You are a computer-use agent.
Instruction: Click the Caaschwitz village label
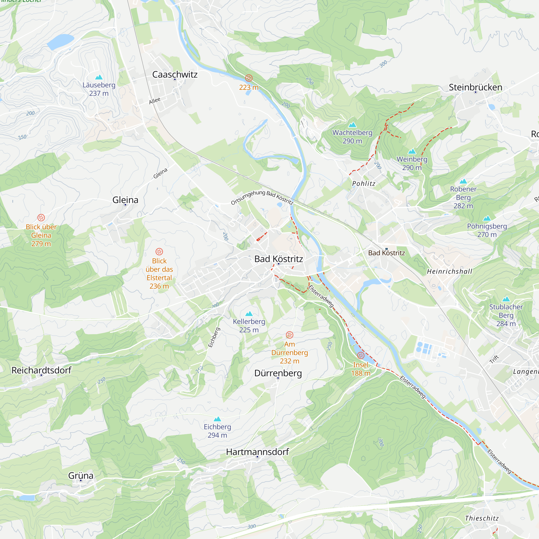coord(175,74)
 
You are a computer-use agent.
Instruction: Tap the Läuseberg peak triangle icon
coord(99,77)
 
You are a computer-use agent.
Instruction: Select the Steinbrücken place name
coord(475,87)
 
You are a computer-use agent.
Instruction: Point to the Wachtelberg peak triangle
coord(352,125)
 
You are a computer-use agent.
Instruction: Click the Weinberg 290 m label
coord(412,163)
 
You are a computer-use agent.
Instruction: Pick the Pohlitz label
coord(364,184)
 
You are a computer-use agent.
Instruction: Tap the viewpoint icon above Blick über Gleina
coord(41,217)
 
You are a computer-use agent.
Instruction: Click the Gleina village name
coord(125,200)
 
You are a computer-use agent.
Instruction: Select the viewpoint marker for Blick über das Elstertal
coord(159,252)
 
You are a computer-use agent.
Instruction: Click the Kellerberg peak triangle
coord(249,314)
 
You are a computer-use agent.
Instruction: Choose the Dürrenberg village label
coord(278,373)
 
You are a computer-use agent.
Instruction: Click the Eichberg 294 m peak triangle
coord(217,419)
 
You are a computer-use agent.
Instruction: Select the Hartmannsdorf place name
coord(257,452)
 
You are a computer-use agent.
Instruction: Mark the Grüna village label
coord(81,475)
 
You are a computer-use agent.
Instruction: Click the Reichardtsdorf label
coord(41,370)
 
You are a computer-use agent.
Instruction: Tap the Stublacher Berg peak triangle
coord(506,299)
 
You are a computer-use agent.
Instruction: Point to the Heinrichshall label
coord(450,271)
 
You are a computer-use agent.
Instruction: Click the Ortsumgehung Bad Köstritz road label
coord(262,197)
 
